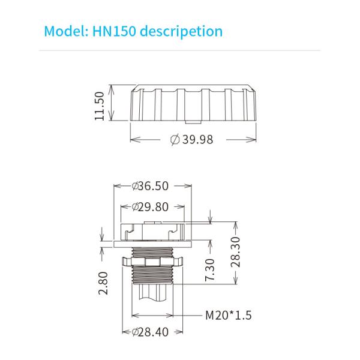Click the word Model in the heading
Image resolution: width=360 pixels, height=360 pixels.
click(x=61, y=31)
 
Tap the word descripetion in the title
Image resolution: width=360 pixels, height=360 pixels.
click(x=181, y=31)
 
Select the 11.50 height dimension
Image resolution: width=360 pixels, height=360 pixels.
click(x=100, y=106)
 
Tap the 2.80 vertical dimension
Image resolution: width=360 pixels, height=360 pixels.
click(x=103, y=283)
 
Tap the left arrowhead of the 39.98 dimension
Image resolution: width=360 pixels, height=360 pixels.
click(x=133, y=139)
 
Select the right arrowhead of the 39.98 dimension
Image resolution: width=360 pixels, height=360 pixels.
click(x=254, y=139)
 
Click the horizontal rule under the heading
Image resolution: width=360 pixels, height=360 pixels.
click(x=180, y=51)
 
